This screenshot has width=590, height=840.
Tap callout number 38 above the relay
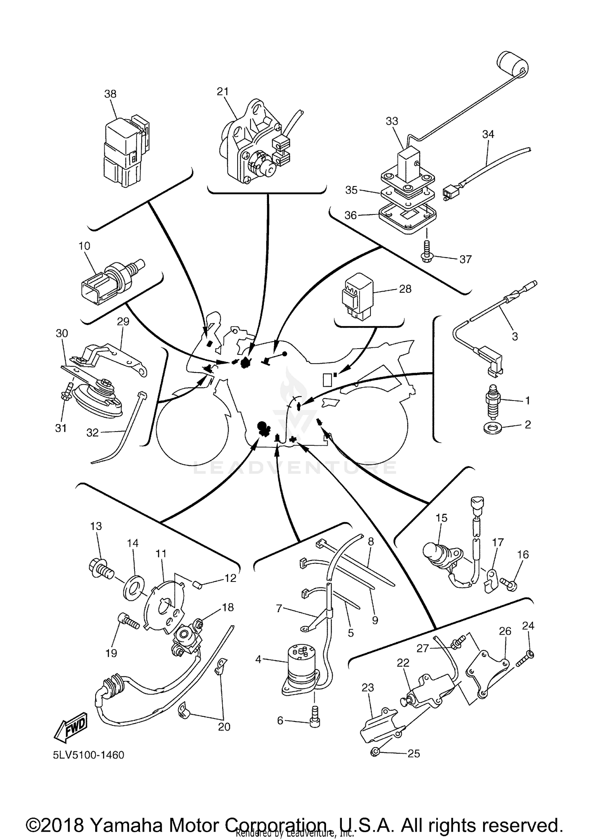(111, 94)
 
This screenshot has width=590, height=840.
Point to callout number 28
(405, 289)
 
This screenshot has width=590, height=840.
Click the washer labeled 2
(490, 426)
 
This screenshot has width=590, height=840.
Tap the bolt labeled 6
(315, 721)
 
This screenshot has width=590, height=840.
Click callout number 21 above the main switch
(223, 91)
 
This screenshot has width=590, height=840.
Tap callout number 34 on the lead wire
(488, 134)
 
